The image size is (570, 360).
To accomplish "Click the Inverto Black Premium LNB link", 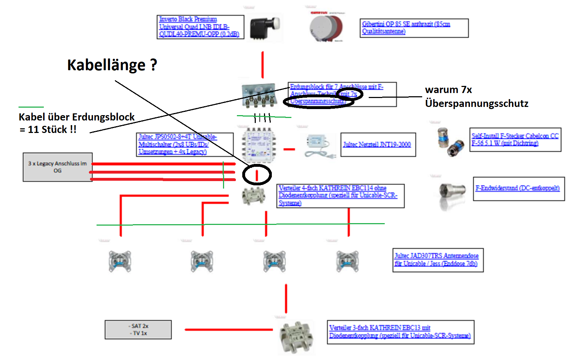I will click(x=199, y=26).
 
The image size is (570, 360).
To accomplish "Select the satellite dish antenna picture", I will click(x=326, y=28).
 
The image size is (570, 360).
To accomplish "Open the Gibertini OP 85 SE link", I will click(x=406, y=27).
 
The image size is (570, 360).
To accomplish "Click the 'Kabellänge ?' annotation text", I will click(x=112, y=65).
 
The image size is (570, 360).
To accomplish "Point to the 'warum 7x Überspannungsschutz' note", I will click(x=476, y=96).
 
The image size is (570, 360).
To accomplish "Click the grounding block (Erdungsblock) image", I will click(x=259, y=95).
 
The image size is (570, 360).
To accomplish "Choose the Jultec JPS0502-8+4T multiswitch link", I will click(x=177, y=144).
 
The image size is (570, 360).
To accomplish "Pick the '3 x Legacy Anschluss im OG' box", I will click(x=57, y=167).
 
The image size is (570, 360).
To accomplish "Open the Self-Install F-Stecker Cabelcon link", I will click(x=514, y=139).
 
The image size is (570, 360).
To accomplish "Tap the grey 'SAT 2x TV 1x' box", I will click(x=138, y=329).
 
